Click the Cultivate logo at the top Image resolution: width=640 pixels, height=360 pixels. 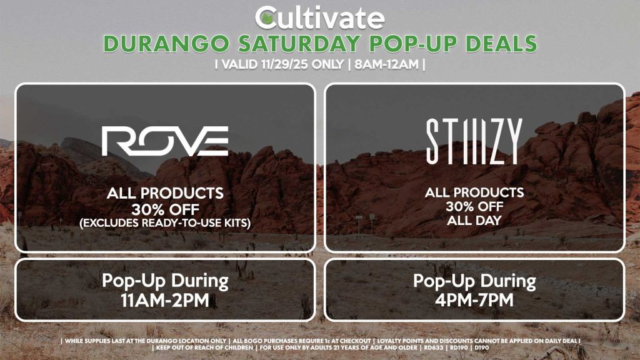point(320,17)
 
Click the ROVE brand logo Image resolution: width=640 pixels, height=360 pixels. point(165,141)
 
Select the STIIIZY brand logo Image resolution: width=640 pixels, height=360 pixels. point(474,141)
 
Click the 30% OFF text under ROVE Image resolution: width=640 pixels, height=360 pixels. point(165,208)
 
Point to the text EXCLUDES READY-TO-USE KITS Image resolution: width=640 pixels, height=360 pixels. point(165,222)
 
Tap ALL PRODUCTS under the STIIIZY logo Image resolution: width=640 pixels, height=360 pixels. point(474,193)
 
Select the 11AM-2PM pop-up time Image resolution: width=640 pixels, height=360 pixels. point(165,300)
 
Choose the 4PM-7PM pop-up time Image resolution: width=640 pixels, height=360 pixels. point(474,300)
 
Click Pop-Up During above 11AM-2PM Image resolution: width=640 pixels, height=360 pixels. point(165,281)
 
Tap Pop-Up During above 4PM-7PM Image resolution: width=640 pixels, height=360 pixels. point(474,281)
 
